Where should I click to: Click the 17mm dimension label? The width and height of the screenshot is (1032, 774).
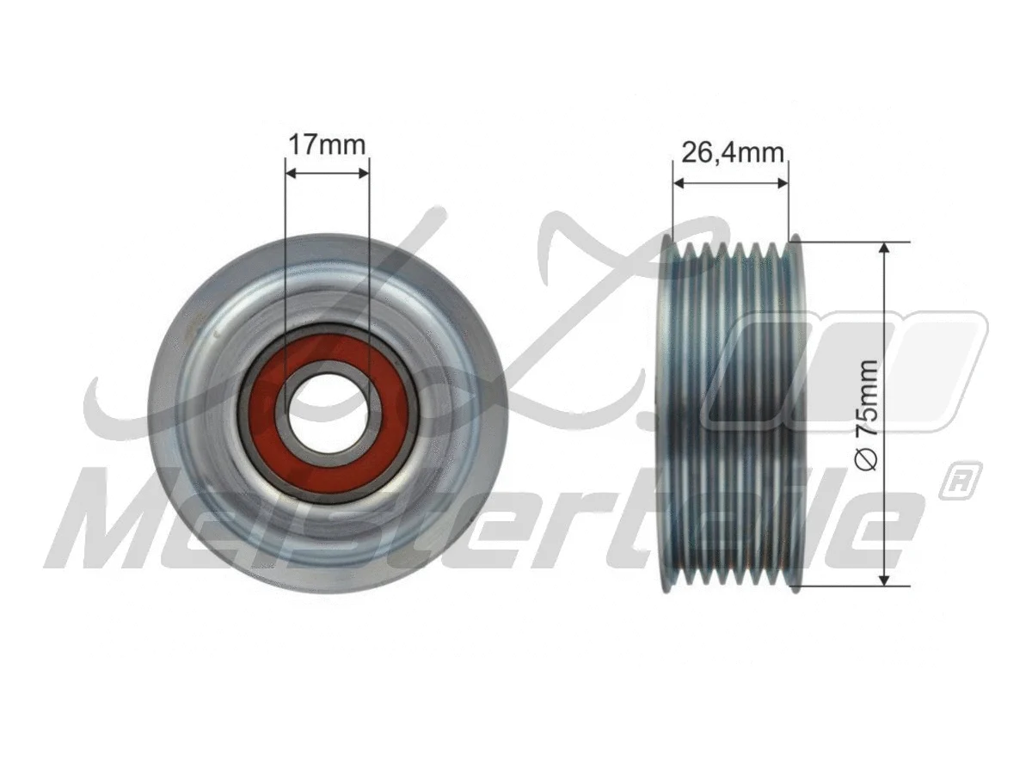point(327,144)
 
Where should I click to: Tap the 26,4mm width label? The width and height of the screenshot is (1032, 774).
point(731,153)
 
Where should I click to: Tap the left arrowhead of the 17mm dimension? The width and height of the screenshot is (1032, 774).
point(290,173)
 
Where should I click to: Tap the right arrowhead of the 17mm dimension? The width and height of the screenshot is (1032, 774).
point(365,173)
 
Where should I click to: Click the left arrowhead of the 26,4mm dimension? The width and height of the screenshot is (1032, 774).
point(679,182)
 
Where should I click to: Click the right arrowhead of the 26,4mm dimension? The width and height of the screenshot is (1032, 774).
point(783,182)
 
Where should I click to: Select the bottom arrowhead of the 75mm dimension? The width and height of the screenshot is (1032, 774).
point(885,581)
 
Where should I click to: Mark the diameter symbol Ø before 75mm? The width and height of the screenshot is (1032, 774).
point(868,461)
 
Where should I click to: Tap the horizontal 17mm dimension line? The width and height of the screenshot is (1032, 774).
point(327,173)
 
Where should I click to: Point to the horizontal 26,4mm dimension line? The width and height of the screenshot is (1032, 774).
point(731,182)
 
